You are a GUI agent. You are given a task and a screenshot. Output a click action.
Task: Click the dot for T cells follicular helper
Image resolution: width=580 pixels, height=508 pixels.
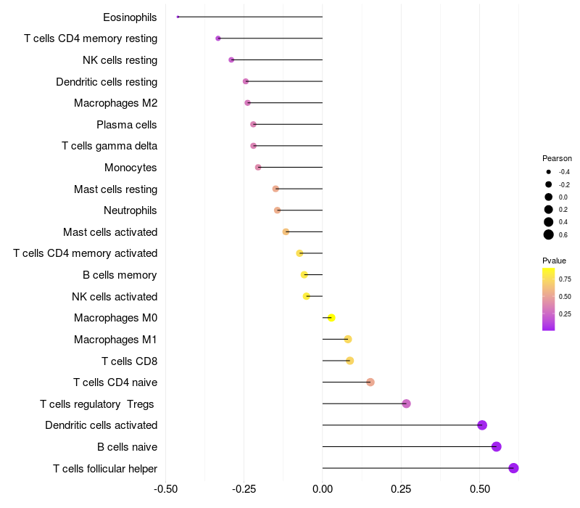513,468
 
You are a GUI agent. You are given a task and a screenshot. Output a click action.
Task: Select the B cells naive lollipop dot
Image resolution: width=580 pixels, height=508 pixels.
497,446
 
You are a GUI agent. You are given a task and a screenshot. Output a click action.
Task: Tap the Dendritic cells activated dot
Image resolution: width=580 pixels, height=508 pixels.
482,425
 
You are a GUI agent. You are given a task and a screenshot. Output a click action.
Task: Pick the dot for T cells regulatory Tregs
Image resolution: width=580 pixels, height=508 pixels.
406,403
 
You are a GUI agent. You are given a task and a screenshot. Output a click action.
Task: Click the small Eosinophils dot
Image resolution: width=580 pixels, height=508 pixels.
178,17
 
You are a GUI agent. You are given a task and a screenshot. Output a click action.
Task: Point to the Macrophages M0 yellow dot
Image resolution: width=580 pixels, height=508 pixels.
331,318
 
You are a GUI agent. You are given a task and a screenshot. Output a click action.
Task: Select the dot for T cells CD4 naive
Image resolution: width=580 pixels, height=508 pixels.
370,382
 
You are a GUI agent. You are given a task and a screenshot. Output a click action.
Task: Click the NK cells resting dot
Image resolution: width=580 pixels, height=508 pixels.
231,60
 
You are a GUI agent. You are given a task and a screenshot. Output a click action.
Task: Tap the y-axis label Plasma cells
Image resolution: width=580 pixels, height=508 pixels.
127,125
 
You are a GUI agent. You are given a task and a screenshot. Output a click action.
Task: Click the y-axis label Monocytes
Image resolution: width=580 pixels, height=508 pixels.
130,168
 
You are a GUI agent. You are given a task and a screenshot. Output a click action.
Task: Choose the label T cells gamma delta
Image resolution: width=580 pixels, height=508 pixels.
109,146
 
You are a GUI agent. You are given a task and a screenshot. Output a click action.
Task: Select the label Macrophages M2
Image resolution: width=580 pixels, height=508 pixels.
115,103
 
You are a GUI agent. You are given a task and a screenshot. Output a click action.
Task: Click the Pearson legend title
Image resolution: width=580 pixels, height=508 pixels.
557,158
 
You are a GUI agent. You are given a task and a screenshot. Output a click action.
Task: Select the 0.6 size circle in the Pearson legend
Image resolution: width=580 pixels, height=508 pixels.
549,234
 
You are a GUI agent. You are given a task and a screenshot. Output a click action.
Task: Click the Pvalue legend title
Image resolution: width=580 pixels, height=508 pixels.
554,261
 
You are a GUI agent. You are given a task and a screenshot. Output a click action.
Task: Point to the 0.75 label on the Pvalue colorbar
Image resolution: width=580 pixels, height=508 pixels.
565,279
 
